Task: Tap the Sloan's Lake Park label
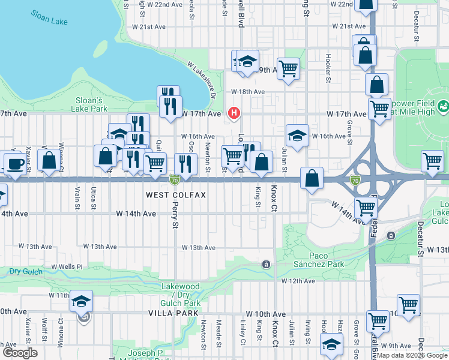(x=91, y=104)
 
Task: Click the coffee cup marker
(x=15, y=163)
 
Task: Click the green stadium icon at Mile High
(x=444, y=107)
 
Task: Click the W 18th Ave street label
(x=248, y=92)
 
